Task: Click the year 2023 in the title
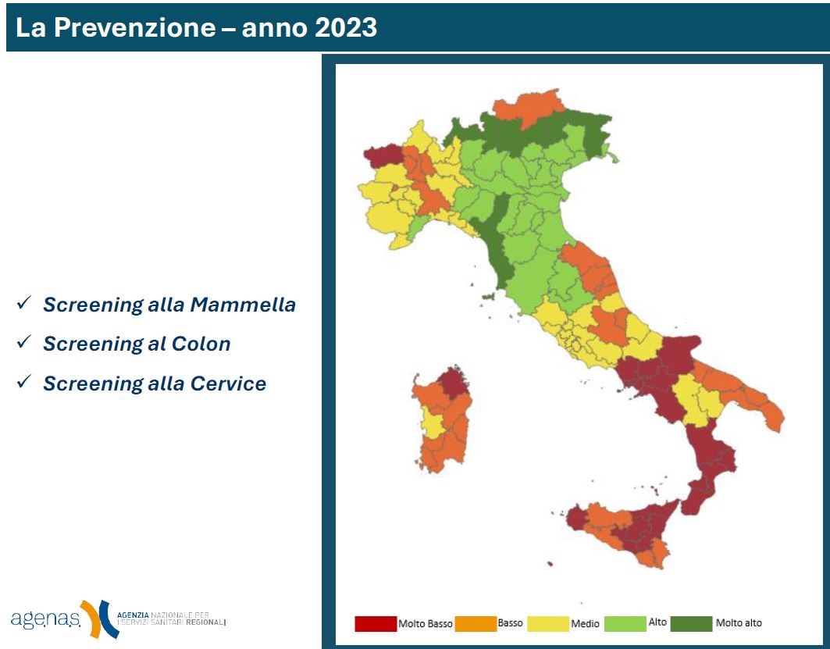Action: [x=344, y=28]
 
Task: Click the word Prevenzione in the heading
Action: [x=144, y=28]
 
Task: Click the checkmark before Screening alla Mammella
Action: [x=23, y=303]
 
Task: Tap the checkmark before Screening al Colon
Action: [x=23, y=342]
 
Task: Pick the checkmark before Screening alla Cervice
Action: [x=23, y=382]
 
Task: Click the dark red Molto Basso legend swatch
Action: [x=376, y=623]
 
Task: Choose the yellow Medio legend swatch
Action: [x=547, y=623]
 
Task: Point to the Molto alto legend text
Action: [x=739, y=623]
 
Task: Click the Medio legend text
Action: [x=586, y=624]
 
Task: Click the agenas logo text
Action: [x=45, y=619]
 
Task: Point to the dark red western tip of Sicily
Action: [x=575, y=519]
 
